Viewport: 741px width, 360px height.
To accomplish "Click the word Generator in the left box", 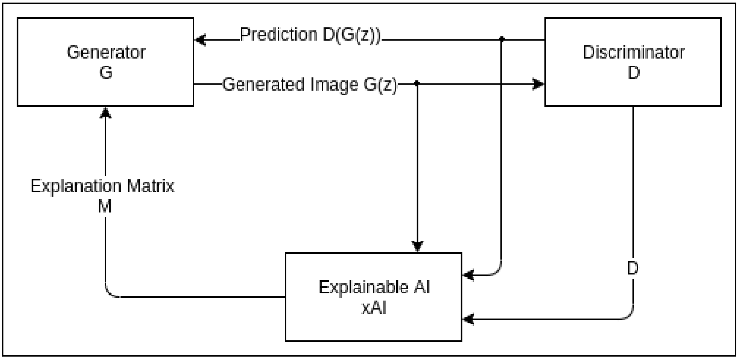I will coord(106,53).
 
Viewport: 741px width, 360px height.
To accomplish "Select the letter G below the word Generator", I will coord(106,73).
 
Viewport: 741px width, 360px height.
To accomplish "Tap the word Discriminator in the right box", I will coord(633,53).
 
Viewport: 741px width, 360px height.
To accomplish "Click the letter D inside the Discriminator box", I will coord(633,73).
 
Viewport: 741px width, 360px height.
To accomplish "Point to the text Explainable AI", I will coord(374,287).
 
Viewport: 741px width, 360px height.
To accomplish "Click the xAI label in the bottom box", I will coord(374,307).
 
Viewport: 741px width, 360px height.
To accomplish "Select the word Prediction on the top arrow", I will coord(278,35).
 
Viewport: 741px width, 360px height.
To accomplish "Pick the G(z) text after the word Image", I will coord(380,85).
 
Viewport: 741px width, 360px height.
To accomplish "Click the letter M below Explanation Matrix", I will coord(105,207).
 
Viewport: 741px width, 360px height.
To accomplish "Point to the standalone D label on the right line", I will coord(632,269).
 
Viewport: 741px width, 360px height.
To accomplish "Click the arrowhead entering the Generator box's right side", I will coord(199,40).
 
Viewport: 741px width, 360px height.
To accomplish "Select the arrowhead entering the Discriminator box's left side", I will coord(538,84).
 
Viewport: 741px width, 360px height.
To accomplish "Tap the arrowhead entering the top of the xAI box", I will coord(418,247).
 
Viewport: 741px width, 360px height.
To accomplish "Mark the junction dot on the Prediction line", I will coord(502,39).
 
